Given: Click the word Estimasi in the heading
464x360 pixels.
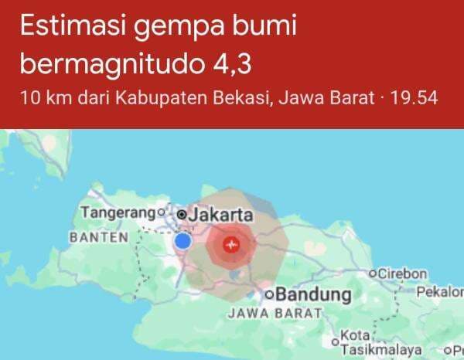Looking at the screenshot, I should (x=71, y=28).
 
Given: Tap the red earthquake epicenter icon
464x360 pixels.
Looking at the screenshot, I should (x=230, y=246).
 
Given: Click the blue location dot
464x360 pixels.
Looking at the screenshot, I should (x=183, y=242).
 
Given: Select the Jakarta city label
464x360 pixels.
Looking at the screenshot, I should (x=221, y=213).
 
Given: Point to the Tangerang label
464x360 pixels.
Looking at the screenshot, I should (x=118, y=212).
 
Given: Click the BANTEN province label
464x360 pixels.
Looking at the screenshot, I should (x=98, y=237).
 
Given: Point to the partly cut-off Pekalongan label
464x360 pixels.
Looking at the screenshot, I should (x=439, y=293).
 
